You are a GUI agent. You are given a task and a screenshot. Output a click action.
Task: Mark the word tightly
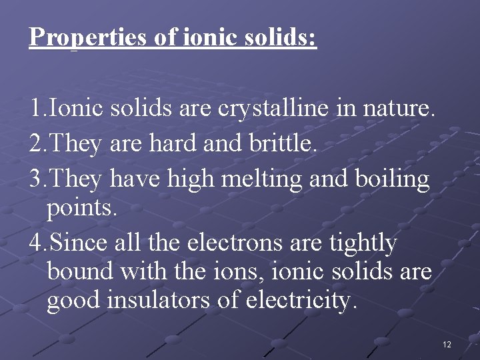coord(363,243)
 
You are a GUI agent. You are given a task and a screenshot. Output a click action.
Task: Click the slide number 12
coord(446,345)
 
